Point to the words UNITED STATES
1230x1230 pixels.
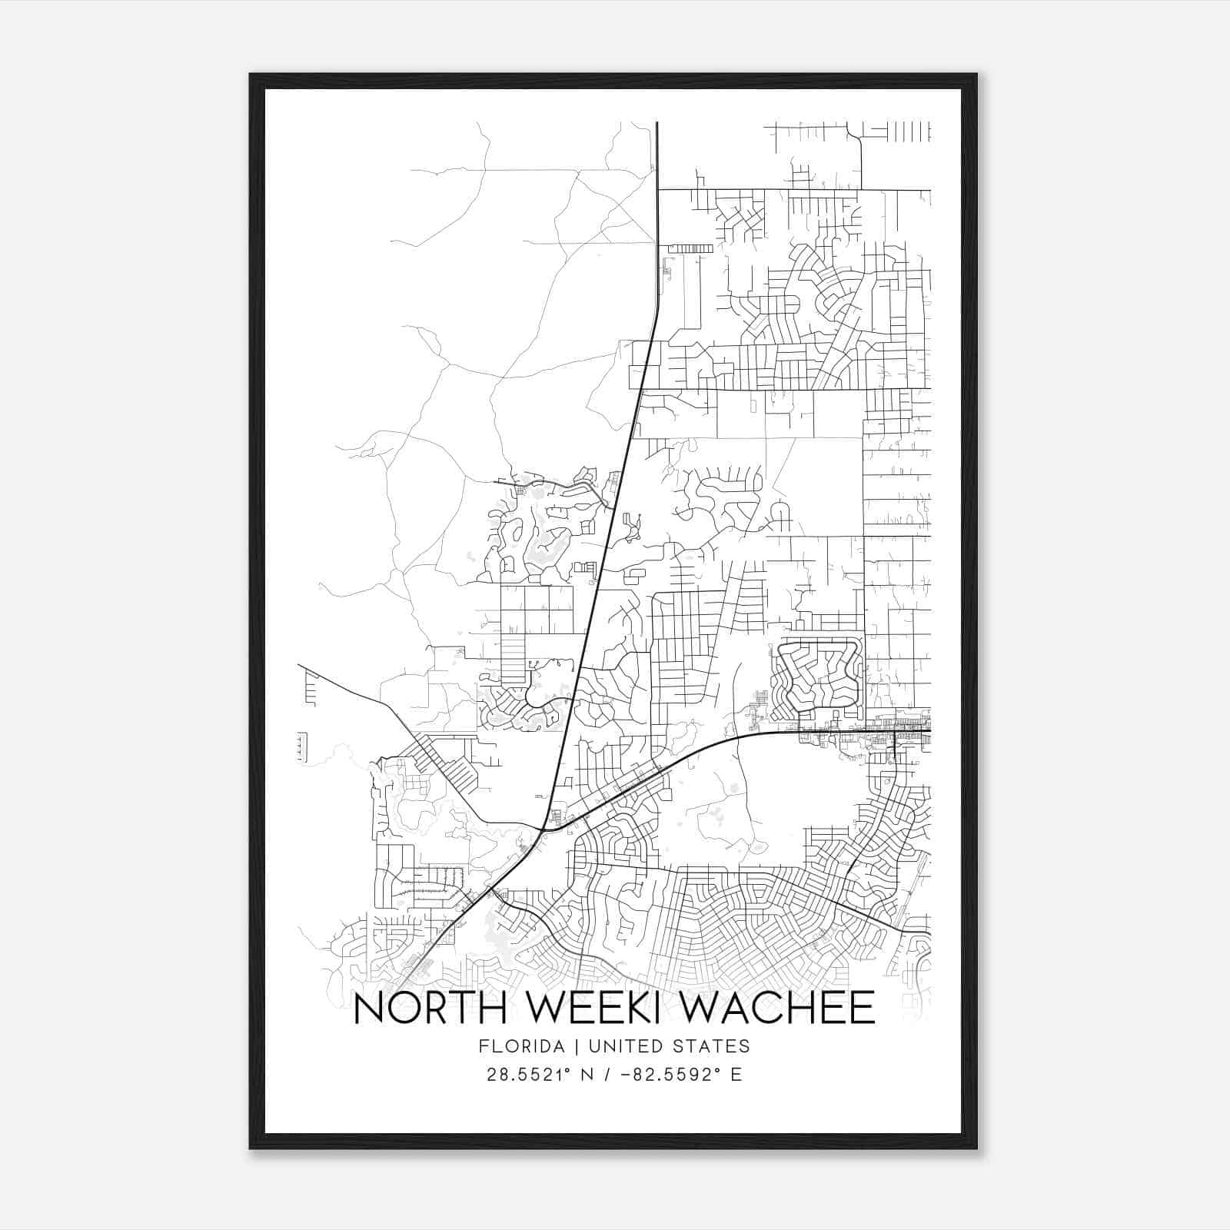(x=690, y=1046)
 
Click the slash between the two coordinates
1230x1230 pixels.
(x=607, y=1075)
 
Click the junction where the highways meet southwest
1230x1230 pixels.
(x=543, y=829)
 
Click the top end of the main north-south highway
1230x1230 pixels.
(x=657, y=123)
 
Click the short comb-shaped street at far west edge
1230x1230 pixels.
(x=311, y=686)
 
